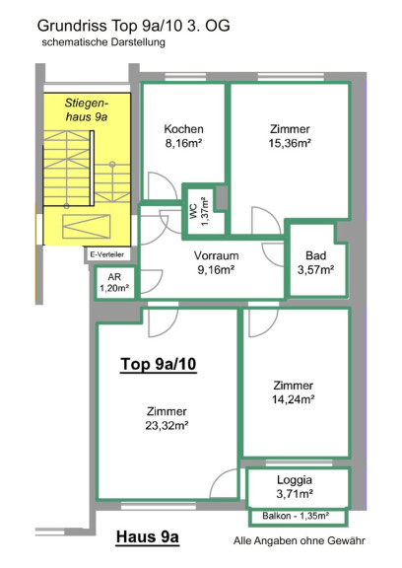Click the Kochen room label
(183, 129)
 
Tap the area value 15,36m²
(290, 143)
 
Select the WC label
(193, 212)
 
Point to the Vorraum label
(216, 255)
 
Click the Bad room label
(315, 255)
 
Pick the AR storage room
(114, 283)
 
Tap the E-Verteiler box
(106, 254)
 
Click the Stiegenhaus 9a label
(87, 109)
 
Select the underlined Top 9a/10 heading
(159, 364)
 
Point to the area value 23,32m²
(167, 426)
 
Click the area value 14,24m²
(293, 399)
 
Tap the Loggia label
(295, 480)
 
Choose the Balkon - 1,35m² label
(296, 516)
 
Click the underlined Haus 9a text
(148, 536)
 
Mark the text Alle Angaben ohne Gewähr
(300, 540)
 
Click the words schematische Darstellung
(103, 42)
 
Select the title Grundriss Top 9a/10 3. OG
(134, 26)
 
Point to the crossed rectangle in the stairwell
(86, 227)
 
